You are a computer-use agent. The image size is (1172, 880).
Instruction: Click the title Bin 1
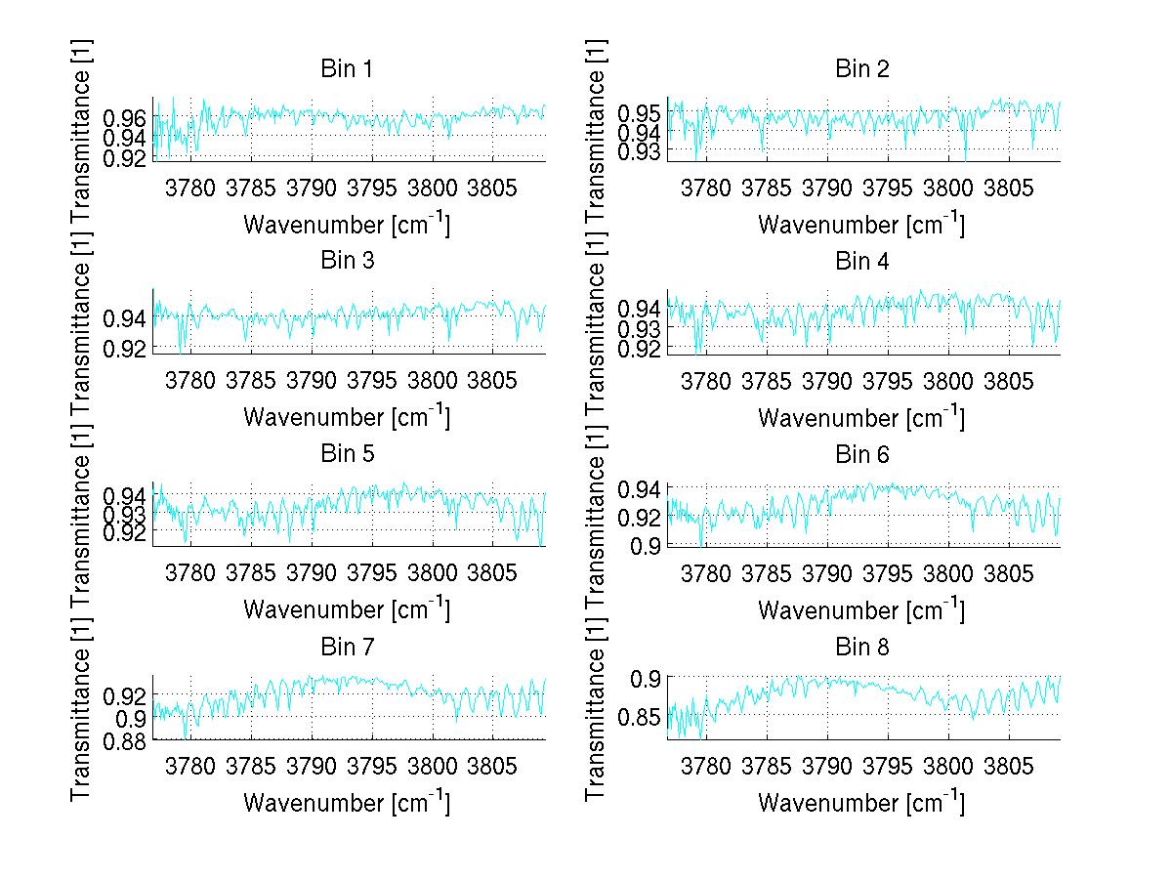coord(346,69)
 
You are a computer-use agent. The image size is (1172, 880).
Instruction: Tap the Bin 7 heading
coord(346,648)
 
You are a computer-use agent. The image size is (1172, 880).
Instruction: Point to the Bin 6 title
coord(862,455)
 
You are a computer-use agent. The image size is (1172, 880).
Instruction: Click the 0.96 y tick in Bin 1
coord(123,117)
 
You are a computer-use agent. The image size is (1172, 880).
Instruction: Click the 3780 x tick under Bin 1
coord(190,186)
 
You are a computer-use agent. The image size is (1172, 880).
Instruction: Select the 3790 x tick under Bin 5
coord(312,570)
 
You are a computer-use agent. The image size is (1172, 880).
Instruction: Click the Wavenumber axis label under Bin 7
coord(346,803)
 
